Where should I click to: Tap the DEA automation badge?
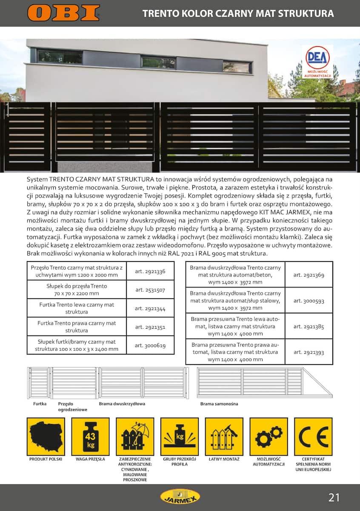[x=317, y=62]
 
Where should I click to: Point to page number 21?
[x=334, y=497]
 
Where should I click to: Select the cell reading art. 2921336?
[x=151, y=271]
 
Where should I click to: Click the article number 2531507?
[x=151, y=290]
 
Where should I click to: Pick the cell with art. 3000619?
[x=151, y=345]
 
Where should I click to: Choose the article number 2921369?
[x=309, y=275]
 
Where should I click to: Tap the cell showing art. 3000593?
[x=309, y=301]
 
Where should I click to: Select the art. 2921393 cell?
[x=309, y=352]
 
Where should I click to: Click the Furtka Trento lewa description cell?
[x=77, y=308]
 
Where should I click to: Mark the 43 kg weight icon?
[x=90, y=436]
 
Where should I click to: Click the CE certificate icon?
[x=313, y=436]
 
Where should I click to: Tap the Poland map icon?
[x=46, y=436]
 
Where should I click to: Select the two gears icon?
[x=269, y=436]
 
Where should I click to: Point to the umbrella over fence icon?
[x=135, y=436]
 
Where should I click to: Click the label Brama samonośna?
[x=219, y=404]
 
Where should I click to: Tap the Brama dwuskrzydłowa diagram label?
[x=122, y=404]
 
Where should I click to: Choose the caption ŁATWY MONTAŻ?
[x=224, y=459]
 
